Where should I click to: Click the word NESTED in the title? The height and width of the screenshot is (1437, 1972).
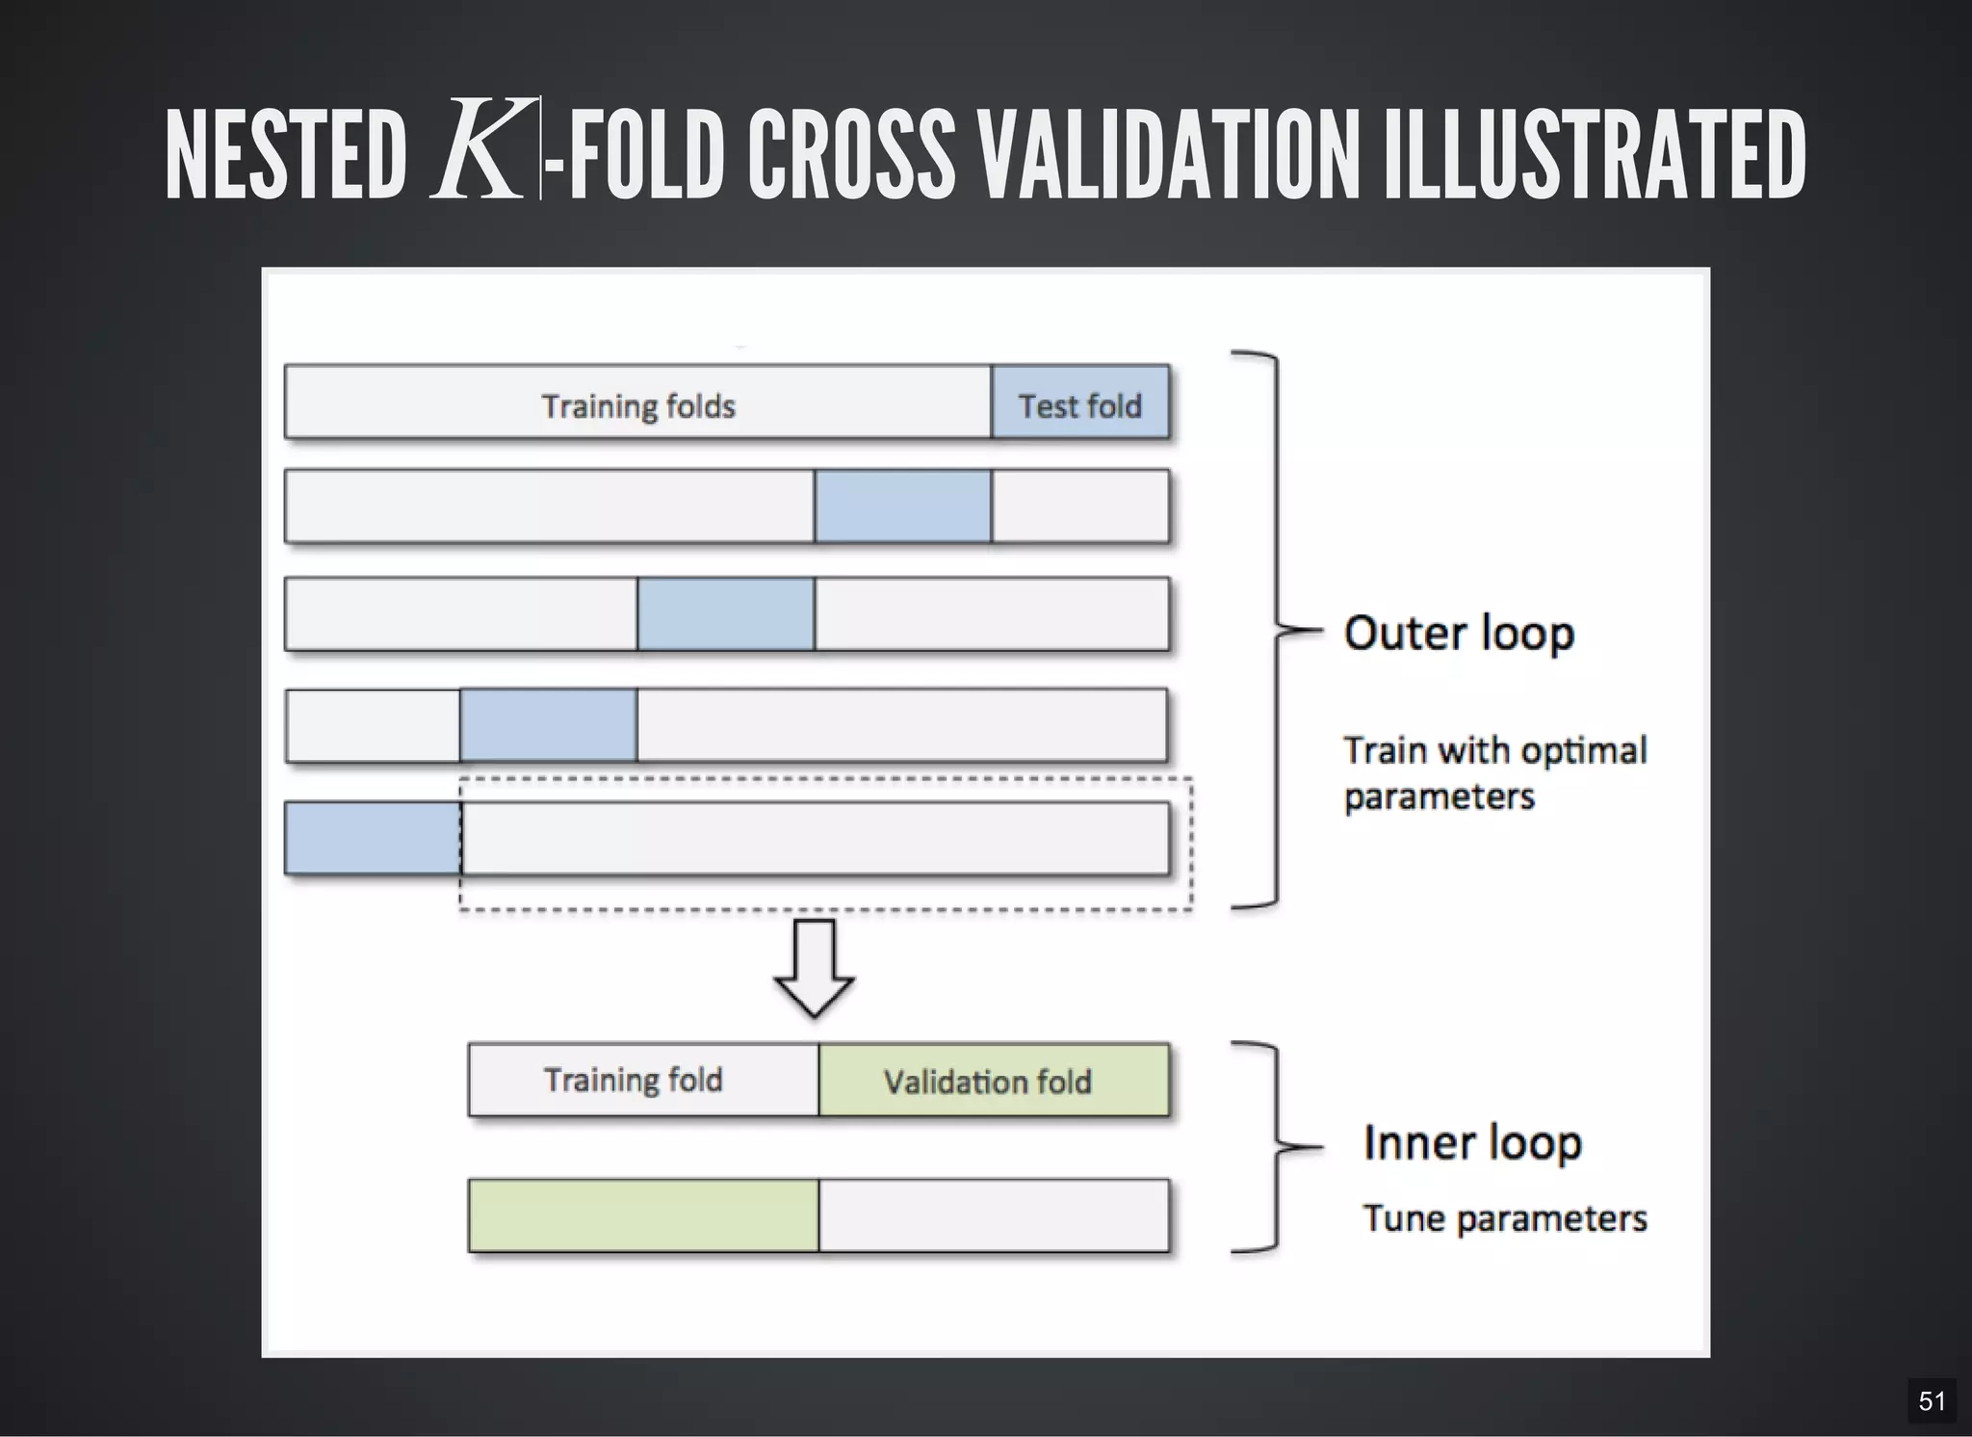[x=286, y=156]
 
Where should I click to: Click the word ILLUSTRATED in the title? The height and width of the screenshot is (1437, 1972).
[x=1594, y=156]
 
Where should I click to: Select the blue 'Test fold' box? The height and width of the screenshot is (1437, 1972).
[x=1079, y=403]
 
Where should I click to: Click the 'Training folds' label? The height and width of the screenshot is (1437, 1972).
[x=638, y=406]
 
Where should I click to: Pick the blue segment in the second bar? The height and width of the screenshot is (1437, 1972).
[x=902, y=507]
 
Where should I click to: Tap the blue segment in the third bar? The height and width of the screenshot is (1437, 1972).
[x=725, y=614]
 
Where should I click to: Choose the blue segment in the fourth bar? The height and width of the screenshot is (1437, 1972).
[x=548, y=725]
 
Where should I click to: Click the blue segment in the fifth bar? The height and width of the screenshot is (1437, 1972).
[x=373, y=838]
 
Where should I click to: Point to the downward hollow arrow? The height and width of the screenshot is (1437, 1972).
[x=814, y=967]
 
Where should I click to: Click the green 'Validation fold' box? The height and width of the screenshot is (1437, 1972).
[x=993, y=1080]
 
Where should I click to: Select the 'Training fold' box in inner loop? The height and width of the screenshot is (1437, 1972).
[x=643, y=1080]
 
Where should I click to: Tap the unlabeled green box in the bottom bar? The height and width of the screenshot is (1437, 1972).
[x=643, y=1215]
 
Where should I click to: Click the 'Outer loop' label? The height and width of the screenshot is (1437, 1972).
[x=1459, y=634]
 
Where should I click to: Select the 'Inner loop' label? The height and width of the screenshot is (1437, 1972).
[x=1472, y=1143]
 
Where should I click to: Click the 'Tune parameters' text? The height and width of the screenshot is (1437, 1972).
[x=1504, y=1218]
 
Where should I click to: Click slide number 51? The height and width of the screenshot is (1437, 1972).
[x=1932, y=1401]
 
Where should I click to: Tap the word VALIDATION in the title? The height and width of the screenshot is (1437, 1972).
[x=1167, y=156]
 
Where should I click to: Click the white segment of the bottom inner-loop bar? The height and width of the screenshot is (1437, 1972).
[x=993, y=1215]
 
